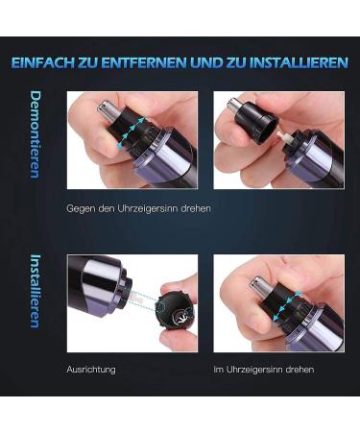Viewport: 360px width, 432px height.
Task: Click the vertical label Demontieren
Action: coord(36,134)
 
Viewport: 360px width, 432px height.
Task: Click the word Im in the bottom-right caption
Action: coord(218,369)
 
